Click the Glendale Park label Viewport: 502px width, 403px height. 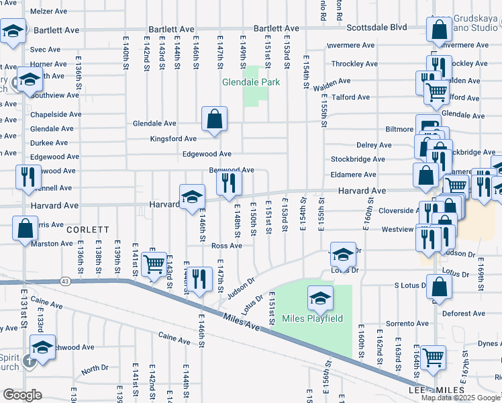click(x=250, y=83)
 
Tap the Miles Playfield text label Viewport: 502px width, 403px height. click(x=312, y=318)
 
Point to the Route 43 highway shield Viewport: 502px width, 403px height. click(x=65, y=281)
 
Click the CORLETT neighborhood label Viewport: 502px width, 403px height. click(x=88, y=230)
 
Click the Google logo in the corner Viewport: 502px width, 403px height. click(x=23, y=395)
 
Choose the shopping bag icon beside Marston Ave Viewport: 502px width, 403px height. click(x=25, y=228)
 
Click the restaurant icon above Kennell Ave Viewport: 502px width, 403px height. click(x=28, y=176)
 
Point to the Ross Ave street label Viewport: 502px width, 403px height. click(x=226, y=246)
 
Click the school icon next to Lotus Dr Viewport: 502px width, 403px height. click(x=343, y=255)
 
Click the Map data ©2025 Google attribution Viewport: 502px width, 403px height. click(x=460, y=398)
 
